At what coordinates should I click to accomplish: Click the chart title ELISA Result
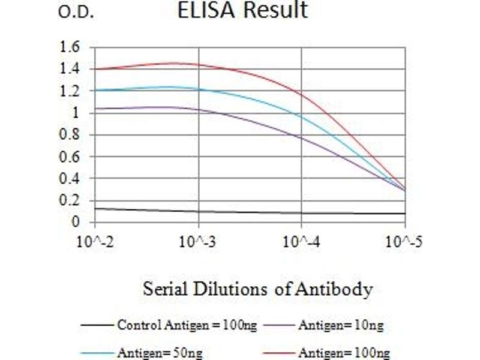tap(242, 10)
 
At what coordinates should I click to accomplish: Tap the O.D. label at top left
tap(76, 13)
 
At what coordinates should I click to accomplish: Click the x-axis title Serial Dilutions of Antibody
tap(257, 289)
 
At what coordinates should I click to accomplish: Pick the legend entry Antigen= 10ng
tap(340, 326)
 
